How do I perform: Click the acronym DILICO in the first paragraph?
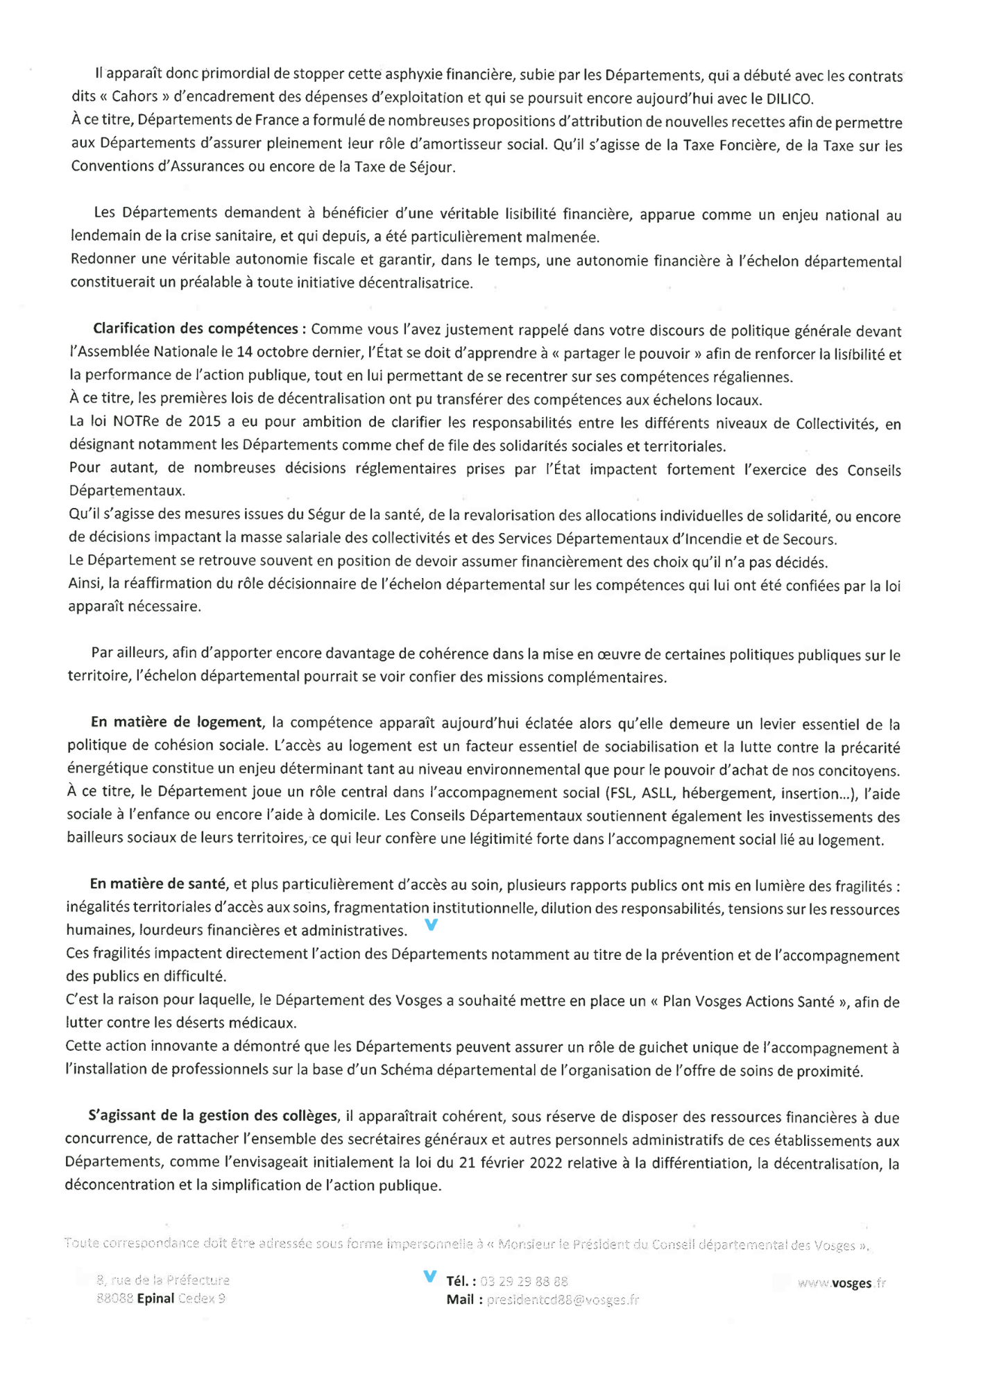click(x=787, y=99)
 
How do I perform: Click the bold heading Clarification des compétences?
click(x=196, y=328)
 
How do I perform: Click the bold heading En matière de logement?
click(x=177, y=722)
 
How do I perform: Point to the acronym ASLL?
click(x=660, y=793)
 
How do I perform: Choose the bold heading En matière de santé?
click(x=158, y=884)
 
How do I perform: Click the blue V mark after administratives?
click(x=431, y=925)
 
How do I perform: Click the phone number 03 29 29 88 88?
click(x=524, y=1281)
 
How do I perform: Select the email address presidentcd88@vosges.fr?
click(x=563, y=1300)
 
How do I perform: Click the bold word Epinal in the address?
click(x=155, y=1298)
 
